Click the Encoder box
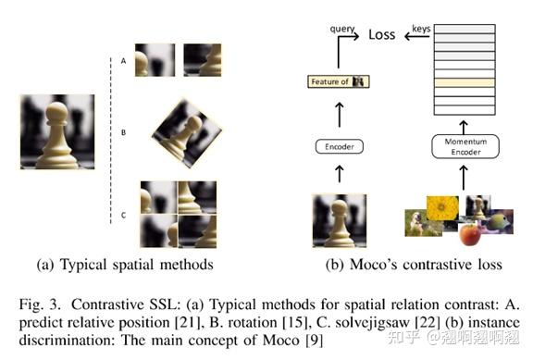(340, 146)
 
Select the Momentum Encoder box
(465, 146)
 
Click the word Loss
(382, 34)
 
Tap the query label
(342, 30)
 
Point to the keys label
(421, 29)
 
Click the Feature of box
(339, 81)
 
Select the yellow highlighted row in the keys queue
(465, 82)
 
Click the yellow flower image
(442, 208)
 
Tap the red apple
(470, 234)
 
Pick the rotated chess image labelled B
(187, 133)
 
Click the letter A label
(123, 61)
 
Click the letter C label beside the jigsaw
(123, 216)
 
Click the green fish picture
(499, 221)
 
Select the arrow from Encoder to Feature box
(340, 115)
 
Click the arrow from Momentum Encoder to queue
(464, 128)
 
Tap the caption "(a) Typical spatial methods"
(125, 265)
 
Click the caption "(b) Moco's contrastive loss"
(414, 265)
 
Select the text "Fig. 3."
(40, 304)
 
